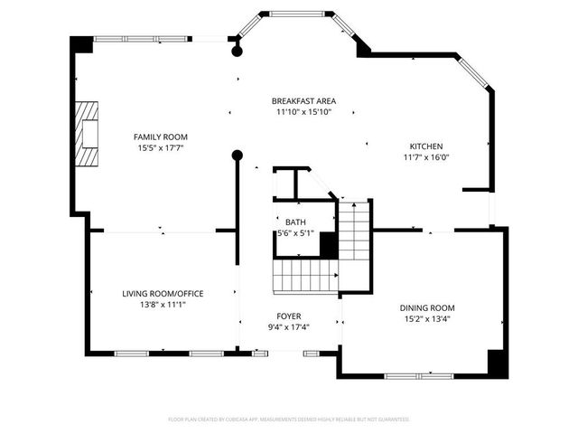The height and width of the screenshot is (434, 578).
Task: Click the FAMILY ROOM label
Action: (x=163, y=137)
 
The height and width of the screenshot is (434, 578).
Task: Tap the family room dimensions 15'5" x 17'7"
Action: (x=163, y=147)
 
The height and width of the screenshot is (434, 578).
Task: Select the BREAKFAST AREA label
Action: (x=303, y=100)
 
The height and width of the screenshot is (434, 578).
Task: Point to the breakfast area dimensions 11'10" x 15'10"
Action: (x=303, y=112)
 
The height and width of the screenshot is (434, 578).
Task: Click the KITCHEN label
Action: (x=426, y=146)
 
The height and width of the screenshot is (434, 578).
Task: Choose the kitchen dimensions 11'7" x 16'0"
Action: (x=426, y=157)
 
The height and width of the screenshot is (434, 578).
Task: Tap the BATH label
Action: (x=295, y=222)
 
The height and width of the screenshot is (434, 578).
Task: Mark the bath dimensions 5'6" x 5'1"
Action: (x=295, y=233)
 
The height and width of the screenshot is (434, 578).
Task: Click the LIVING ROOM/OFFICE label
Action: (x=163, y=293)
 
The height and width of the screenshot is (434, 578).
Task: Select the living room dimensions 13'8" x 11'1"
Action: (x=163, y=305)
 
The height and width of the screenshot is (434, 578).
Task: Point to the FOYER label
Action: (x=289, y=316)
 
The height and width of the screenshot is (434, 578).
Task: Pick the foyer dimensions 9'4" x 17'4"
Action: (x=289, y=326)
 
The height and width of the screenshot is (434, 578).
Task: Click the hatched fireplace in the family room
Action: (x=88, y=132)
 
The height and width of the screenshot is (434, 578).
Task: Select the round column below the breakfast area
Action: (x=238, y=155)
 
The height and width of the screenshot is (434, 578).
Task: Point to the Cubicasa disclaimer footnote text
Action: (x=289, y=420)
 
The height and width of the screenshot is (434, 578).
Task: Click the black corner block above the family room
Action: (x=82, y=44)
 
